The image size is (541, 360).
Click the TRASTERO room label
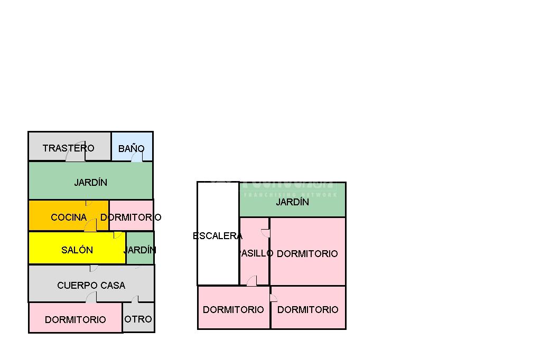point(69,148)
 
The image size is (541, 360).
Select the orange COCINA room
point(69,217)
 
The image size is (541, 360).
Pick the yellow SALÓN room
point(77,250)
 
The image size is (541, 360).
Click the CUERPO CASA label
point(91,285)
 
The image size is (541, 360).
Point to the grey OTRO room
point(138,318)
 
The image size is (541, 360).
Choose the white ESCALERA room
point(218,235)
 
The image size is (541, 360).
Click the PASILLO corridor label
point(256,253)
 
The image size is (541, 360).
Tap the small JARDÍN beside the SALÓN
point(140,250)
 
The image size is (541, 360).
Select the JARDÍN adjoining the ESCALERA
point(293,202)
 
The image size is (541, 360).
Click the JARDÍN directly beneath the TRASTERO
point(90,182)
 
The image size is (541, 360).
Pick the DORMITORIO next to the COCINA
point(131,217)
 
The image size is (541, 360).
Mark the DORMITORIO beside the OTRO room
point(76,319)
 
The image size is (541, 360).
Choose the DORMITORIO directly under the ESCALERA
point(234,309)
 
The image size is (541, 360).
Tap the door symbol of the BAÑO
point(137,157)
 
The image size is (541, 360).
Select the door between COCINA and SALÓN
point(91,225)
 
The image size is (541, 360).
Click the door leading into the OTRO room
point(135,299)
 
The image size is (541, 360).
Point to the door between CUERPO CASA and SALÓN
point(94,268)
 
